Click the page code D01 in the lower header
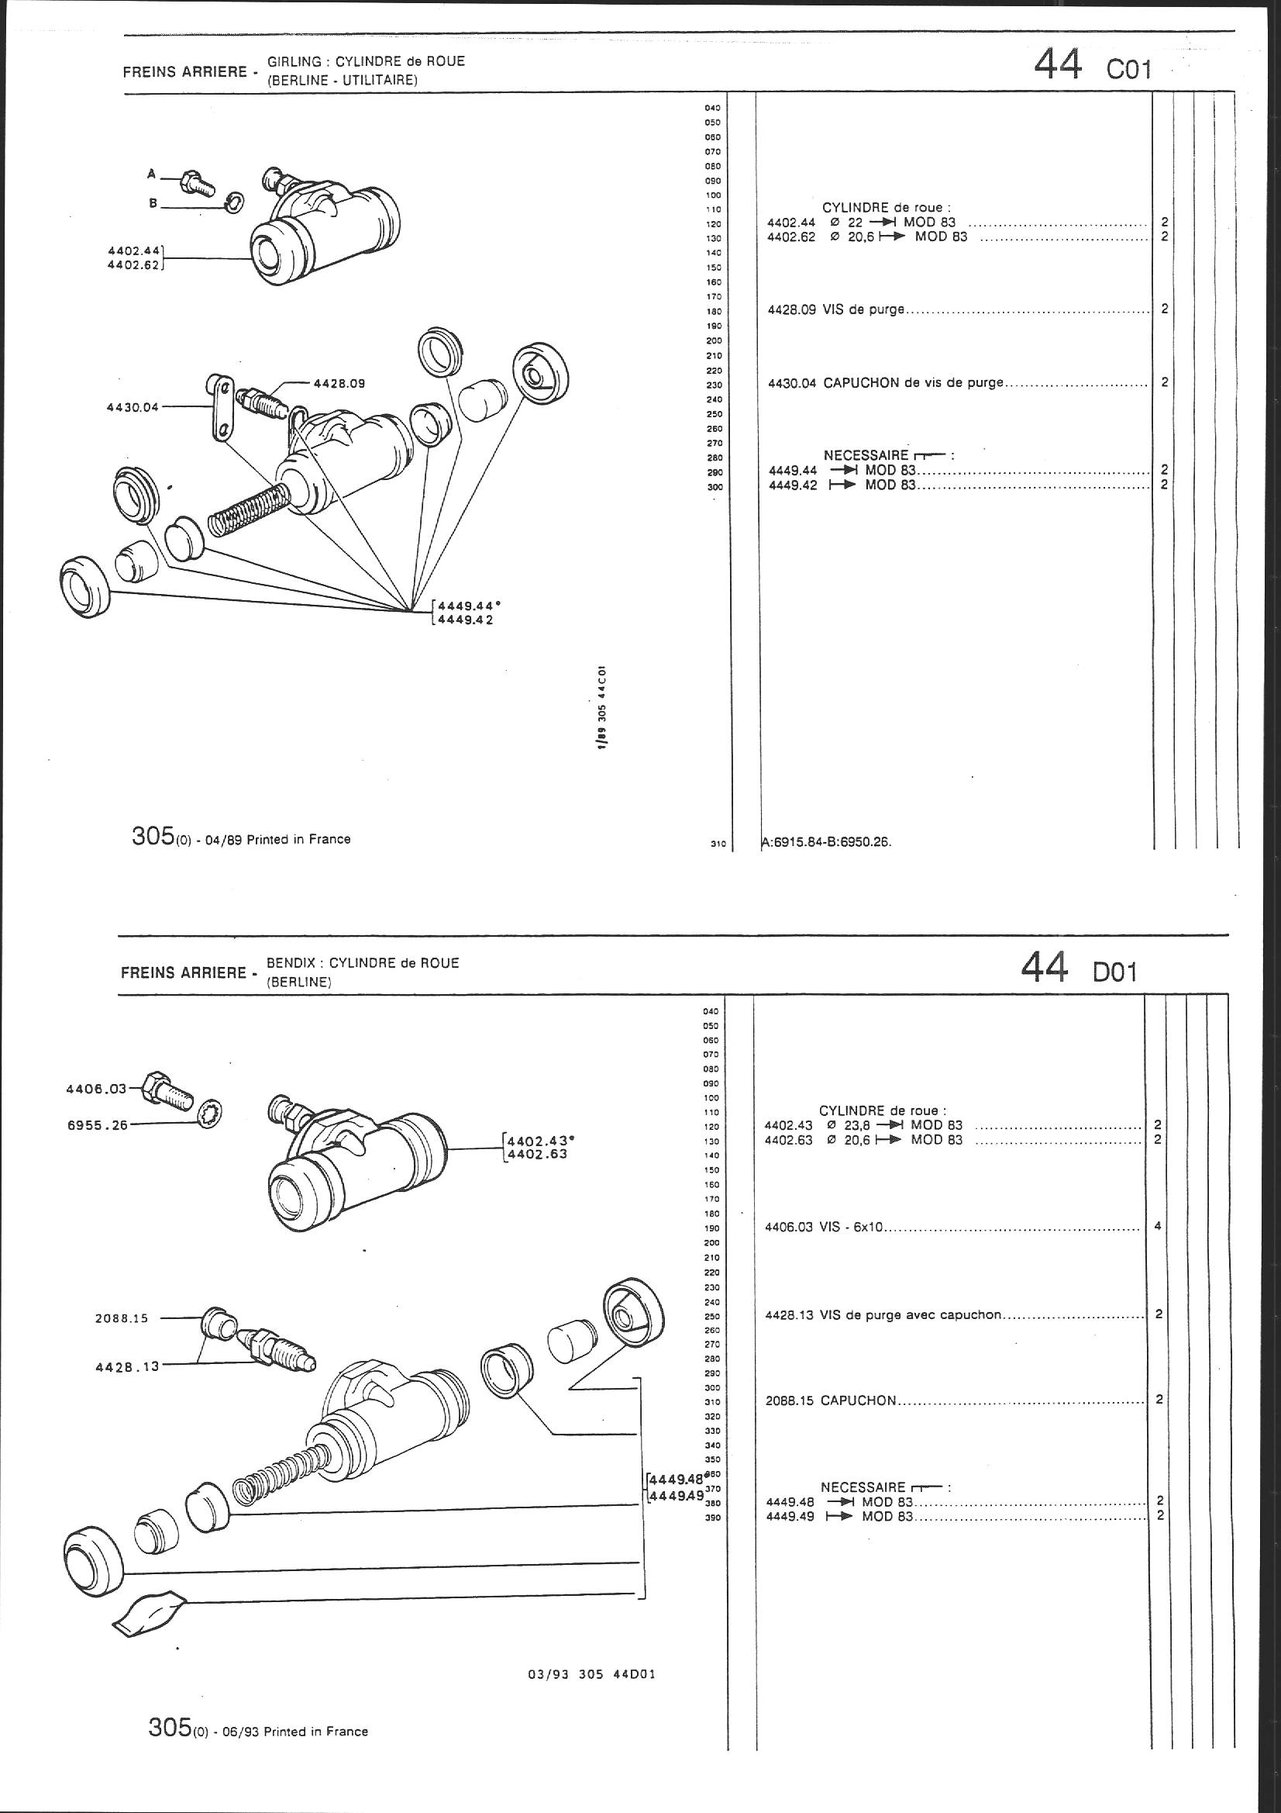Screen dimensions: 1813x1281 1114,972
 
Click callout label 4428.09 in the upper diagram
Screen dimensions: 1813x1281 339,384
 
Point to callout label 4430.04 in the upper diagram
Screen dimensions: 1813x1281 132,407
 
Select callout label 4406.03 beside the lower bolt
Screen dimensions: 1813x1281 95,1089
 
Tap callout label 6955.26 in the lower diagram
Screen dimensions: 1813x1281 97,1124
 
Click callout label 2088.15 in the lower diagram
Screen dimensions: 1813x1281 122,1318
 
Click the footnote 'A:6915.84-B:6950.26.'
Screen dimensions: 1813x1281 826,842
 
